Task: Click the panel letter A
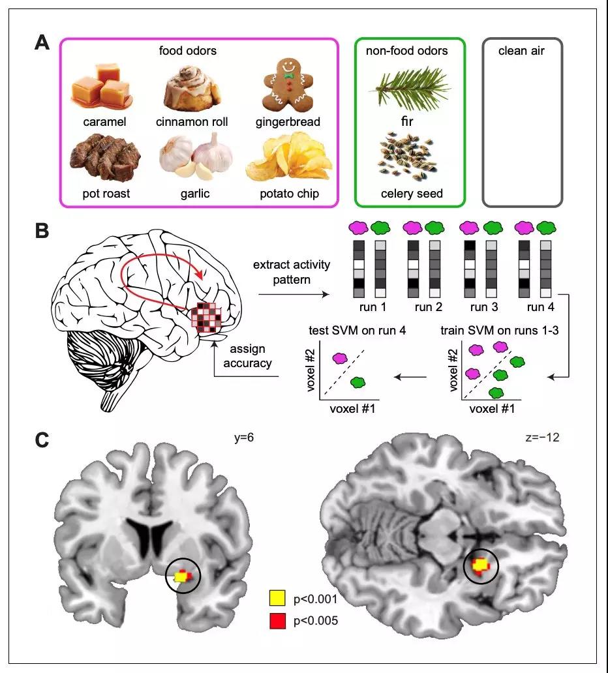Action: [x=41, y=43]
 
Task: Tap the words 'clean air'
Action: [x=522, y=50]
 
